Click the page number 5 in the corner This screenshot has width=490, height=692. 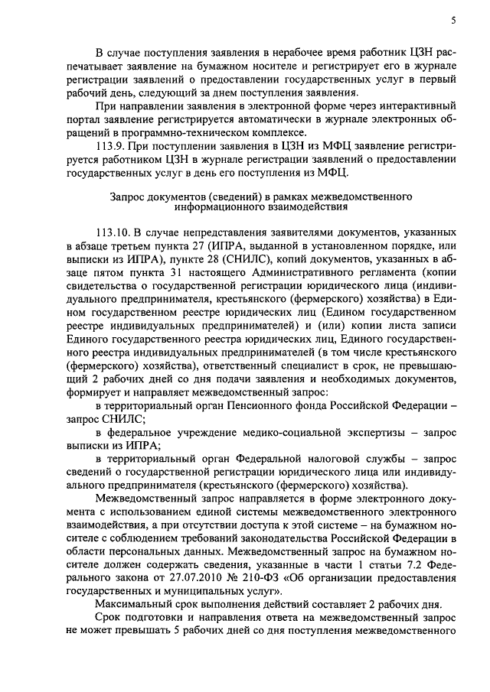coord(453,21)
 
